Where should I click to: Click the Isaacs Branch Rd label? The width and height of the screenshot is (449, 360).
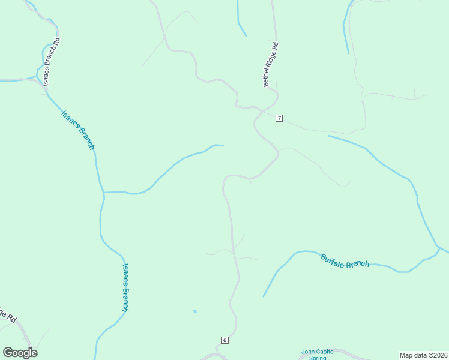(52, 62)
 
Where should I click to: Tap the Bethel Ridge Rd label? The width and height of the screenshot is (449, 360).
(270, 64)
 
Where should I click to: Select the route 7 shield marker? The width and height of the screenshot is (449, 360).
(279, 118)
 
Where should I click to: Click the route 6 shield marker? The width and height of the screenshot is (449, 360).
(225, 340)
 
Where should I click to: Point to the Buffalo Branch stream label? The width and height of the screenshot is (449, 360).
(345, 261)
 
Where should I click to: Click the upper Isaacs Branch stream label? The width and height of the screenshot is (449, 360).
(78, 130)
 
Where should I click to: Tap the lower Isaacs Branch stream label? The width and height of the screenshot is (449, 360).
(125, 287)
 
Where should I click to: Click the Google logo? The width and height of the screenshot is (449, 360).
(20, 353)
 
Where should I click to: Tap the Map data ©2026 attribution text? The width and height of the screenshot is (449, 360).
(424, 355)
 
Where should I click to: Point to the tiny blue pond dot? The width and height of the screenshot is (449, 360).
(194, 311)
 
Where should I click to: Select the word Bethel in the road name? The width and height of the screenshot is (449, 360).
(266, 79)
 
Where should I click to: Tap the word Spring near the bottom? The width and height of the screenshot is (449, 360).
(317, 358)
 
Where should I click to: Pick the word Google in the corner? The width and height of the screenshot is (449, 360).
(20, 353)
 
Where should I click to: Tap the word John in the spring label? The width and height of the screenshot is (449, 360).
(307, 352)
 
